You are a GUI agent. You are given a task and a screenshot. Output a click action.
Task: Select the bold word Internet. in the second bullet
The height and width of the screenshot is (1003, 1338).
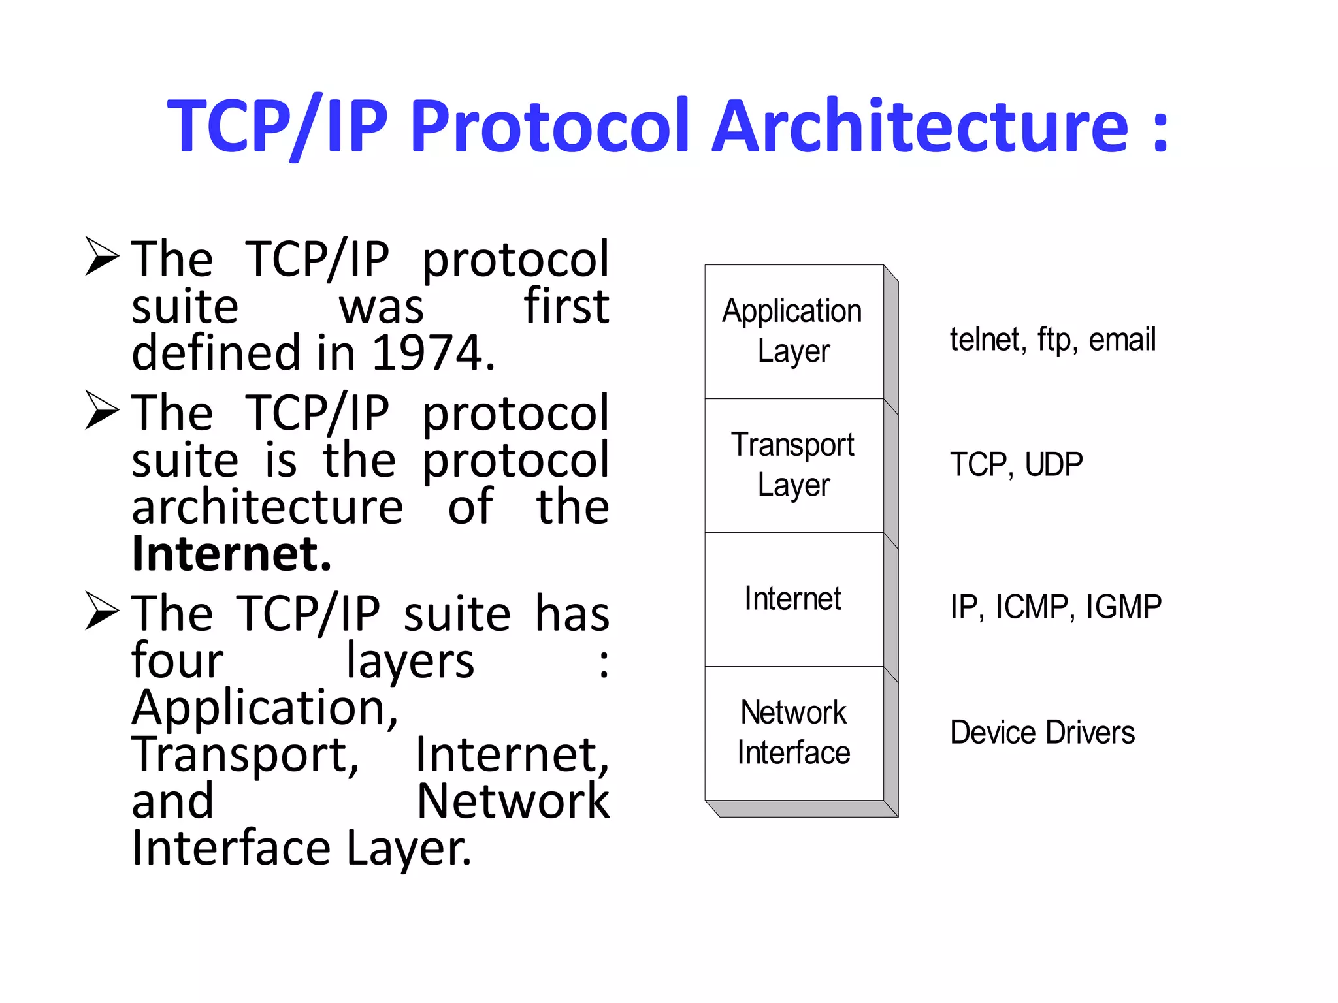pos(232,554)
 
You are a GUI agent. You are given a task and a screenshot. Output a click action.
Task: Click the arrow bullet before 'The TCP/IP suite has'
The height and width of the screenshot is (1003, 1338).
pos(103,611)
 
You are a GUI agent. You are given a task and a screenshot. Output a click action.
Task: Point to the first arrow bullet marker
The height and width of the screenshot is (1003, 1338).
pos(103,257)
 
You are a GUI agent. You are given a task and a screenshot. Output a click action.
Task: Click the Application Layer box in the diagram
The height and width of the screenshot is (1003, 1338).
pos(794,331)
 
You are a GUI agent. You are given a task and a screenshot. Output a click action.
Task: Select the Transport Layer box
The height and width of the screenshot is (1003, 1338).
pos(794,465)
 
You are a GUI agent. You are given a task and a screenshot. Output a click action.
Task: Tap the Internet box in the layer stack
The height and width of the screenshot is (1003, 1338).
pos(794,599)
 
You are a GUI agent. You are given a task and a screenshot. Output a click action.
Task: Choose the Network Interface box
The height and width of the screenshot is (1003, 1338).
pos(794,733)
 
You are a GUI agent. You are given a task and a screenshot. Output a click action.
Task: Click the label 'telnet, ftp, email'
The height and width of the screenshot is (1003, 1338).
pos(1052,340)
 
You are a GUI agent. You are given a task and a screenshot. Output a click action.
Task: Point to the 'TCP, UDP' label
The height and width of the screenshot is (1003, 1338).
pos(1016,465)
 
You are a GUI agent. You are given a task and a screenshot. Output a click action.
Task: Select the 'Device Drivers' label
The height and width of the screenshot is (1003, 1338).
pos(1042,733)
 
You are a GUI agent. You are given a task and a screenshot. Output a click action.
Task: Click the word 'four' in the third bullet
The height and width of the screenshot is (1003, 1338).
pos(177,661)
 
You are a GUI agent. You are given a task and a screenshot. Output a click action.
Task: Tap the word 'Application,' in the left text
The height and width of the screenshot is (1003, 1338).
pos(265,708)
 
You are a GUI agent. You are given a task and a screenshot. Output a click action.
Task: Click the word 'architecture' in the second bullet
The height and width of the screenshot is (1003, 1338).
pos(267,507)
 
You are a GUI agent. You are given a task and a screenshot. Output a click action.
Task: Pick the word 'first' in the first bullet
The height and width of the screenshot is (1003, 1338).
pos(566,306)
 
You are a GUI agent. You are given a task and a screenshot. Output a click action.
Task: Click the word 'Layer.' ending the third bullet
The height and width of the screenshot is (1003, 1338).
pos(408,848)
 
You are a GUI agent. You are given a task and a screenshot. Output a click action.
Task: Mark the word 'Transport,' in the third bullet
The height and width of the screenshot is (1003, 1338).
pos(246,755)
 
